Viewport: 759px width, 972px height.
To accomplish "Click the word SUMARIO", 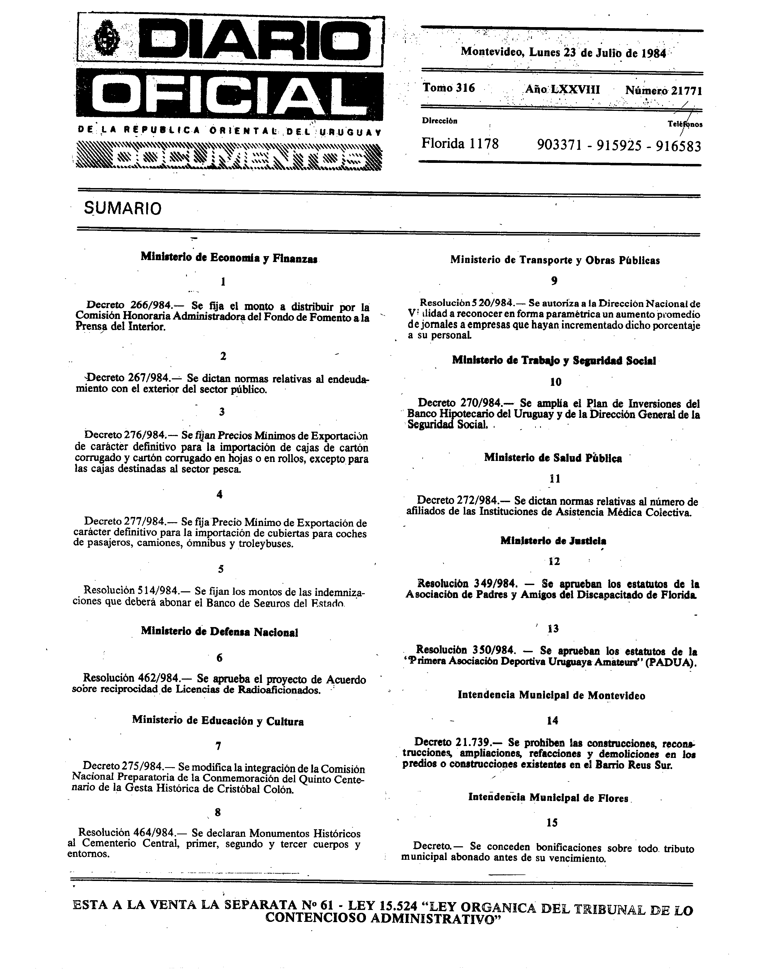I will coord(123,209).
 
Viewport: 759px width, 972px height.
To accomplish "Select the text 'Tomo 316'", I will coord(449,88).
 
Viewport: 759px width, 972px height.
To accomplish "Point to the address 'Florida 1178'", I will coord(460,144).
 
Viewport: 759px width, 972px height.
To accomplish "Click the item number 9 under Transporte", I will coord(554,281).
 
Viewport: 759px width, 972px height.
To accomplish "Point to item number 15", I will coord(552,823).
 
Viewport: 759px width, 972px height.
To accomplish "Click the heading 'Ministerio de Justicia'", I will coord(553,541).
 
